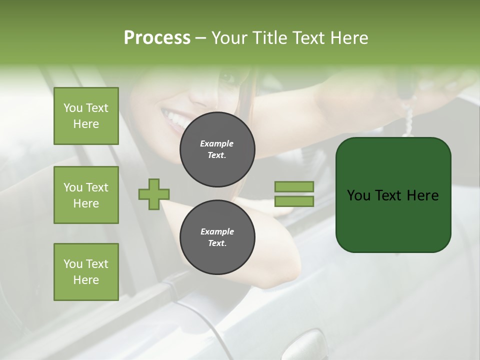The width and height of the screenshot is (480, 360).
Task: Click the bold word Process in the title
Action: [x=157, y=38]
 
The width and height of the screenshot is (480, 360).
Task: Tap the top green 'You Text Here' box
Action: [x=86, y=116]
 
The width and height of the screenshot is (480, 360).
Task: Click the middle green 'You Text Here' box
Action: [x=86, y=195]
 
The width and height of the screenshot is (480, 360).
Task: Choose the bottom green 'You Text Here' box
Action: [x=86, y=272]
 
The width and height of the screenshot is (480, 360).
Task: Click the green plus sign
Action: [x=154, y=194]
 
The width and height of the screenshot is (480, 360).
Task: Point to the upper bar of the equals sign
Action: [x=294, y=186]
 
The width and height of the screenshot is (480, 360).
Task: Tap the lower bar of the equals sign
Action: [x=294, y=201]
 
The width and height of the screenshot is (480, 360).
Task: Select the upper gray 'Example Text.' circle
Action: [x=217, y=149]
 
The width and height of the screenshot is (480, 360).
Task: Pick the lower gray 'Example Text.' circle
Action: [x=217, y=237]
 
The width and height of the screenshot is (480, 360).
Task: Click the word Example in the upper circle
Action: [x=217, y=143]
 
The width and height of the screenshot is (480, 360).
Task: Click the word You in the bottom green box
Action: [x=73, y=264]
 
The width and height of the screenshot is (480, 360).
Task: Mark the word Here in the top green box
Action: [x=86, y=124]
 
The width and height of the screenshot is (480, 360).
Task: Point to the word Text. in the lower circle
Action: [x=217, y=243]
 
